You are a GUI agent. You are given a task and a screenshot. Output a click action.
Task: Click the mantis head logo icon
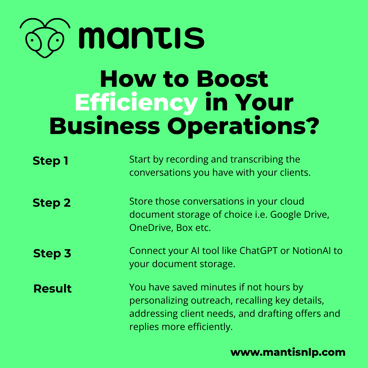45,38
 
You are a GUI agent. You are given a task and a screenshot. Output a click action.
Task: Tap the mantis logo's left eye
33,41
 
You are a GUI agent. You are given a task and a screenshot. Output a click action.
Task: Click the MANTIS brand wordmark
142,38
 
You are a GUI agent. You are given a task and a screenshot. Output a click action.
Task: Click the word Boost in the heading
232,79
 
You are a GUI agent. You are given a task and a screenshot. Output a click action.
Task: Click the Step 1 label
50,161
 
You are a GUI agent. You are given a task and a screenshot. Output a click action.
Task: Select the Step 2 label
52,203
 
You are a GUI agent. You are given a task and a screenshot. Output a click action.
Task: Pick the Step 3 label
52,254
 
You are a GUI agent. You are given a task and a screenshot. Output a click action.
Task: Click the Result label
52,289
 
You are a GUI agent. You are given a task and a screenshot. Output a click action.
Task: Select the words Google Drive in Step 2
300,215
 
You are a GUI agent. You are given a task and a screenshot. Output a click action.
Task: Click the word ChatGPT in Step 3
259,251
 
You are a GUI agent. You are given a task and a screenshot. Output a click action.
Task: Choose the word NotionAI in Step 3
312,251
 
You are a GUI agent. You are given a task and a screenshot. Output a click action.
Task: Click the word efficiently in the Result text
210,327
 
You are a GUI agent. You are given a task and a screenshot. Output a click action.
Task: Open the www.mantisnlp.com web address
288,352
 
